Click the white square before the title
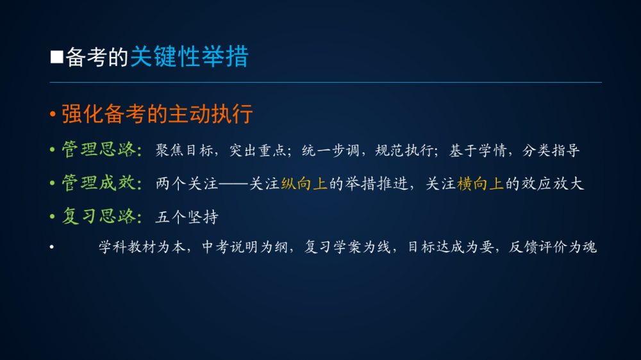point(57,57)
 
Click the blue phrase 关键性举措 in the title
point(189,56)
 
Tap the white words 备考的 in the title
point(97,57)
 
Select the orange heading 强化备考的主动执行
point(157,113)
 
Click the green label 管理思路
point(99,149)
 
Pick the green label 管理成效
point(99,183)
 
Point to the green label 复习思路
point(99,216)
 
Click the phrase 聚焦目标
point(185,151)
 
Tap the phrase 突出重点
point(258,151)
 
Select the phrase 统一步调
point(331,151)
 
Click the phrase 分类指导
point(551,151)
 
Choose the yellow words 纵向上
point(304,184)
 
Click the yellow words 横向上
point(480,184)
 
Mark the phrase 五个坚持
point(187,217)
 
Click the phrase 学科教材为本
point(142,247)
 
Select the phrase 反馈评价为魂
point(553,247)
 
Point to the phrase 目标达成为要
point(451,247)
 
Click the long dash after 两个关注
point(234,184)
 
